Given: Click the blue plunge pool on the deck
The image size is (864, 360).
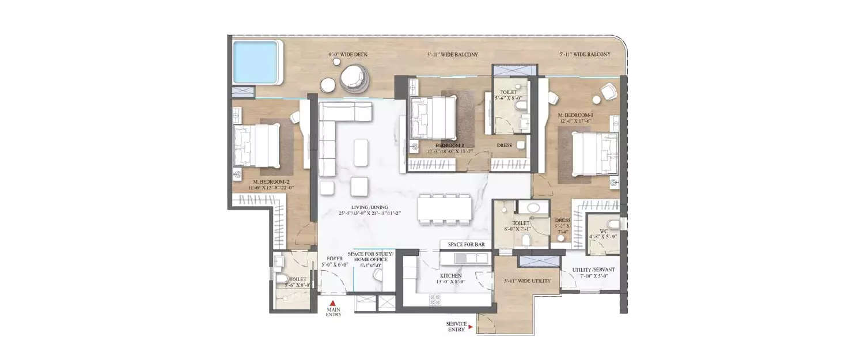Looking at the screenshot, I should point(257,61).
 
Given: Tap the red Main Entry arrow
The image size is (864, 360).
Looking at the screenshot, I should point(332,302).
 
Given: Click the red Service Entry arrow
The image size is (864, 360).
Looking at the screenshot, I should point(471,327).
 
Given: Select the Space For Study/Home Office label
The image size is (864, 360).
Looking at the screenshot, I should point(370,257).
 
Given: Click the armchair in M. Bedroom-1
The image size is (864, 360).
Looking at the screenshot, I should point(608,92).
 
